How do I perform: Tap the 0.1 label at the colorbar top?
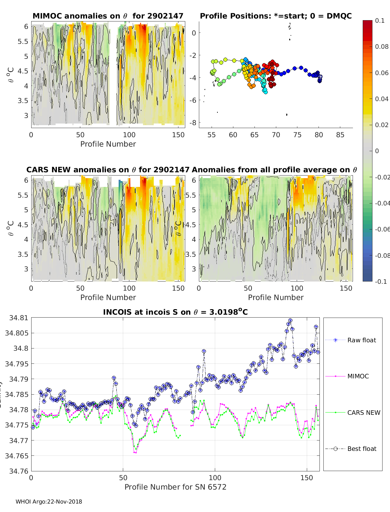click(380, 20)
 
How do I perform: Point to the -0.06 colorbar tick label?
click(382, 229)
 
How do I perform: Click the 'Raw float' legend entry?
click(361, 340)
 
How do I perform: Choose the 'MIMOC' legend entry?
click(358, 376)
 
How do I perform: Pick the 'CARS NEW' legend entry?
click(363, 413)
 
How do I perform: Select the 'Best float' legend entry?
click(362, 449)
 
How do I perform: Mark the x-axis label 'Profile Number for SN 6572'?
click(175, 487)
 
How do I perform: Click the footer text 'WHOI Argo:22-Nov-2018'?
click(49, 502)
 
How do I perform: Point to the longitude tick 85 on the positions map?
click(340, 135)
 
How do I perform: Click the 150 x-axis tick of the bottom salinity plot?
click(306, 478)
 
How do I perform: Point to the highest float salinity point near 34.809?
click(290, 321)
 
